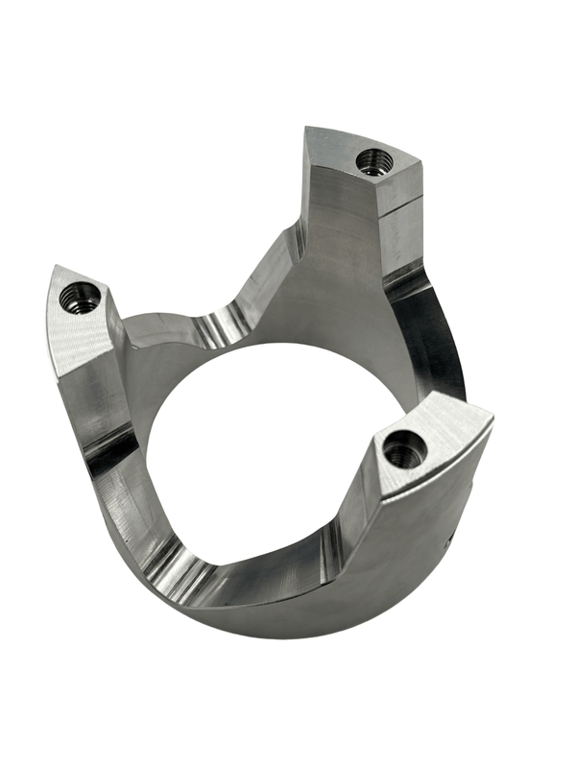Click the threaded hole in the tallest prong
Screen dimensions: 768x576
[x=371, y=161]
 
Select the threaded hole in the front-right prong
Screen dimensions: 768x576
[x=403, y=448]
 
